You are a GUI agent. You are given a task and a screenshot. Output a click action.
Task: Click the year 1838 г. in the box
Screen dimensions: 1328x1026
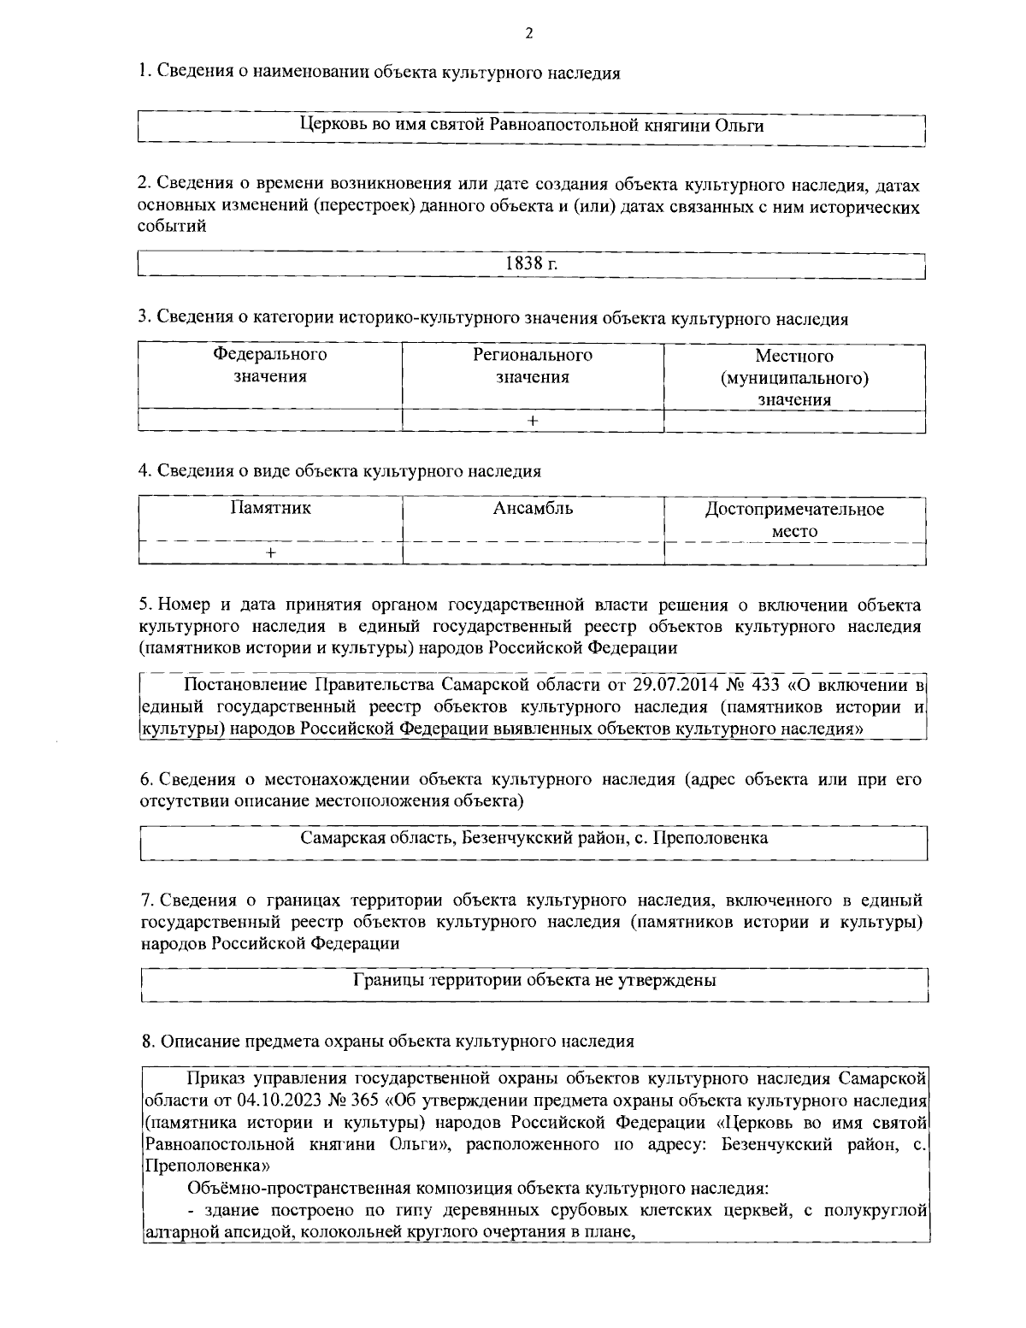532,263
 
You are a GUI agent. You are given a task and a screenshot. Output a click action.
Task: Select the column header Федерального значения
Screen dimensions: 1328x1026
269,365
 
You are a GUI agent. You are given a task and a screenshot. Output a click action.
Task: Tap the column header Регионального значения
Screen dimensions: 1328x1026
533,365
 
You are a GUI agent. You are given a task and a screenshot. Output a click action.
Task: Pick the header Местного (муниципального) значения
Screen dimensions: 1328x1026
794,377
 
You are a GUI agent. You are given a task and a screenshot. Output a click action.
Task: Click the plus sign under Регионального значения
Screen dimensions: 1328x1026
533,421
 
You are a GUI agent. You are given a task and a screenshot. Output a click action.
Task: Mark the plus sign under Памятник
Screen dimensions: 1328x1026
270,553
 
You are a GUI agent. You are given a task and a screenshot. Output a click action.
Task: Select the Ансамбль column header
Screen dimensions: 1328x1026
533,509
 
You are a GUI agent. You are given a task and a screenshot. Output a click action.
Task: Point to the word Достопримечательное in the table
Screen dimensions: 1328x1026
794,510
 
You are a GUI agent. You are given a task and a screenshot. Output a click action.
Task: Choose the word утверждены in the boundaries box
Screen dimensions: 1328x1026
669,980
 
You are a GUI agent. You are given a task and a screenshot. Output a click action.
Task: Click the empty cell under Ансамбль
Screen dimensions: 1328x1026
533,553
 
